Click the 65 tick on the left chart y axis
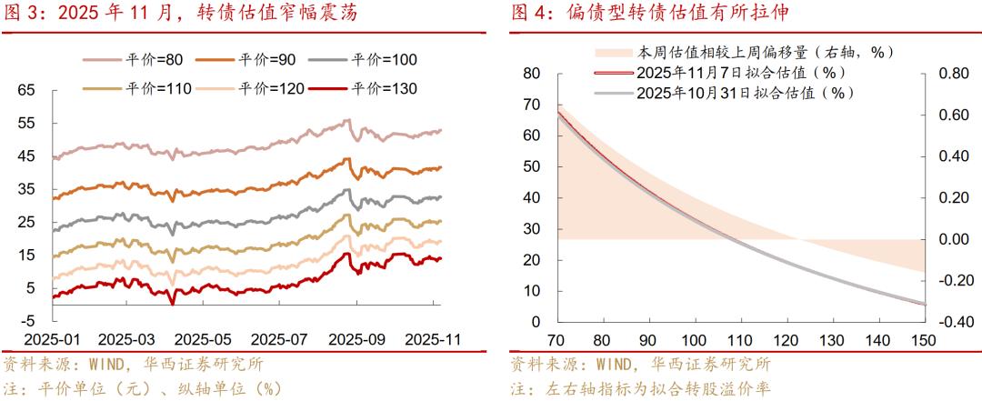point(26,90)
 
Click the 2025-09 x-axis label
point(357,338)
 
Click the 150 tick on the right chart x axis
point(924,339)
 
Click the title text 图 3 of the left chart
point(25,14)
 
